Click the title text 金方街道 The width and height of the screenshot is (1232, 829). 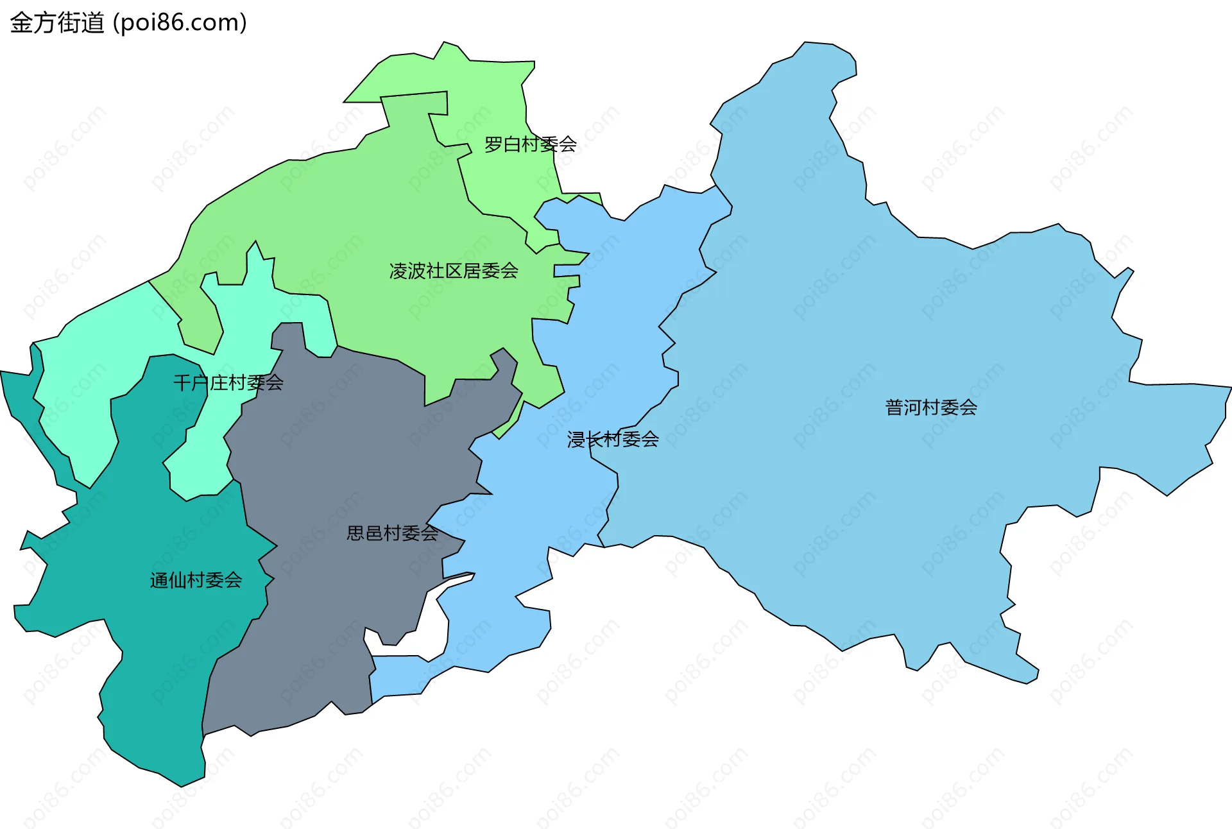point(57,23)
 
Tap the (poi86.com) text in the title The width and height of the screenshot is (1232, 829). point(180,23)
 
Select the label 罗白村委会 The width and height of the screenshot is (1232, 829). point(530,144)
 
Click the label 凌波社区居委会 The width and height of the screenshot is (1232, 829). point(454,271)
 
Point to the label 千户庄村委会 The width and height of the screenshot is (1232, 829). point(228,383)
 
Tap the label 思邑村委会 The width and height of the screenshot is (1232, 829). point(392,533)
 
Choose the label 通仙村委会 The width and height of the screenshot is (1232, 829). point(196,581)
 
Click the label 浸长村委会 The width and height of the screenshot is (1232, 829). point(613,440)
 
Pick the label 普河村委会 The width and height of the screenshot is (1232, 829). point(931,407)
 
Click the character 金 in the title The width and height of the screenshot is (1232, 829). point(21,23)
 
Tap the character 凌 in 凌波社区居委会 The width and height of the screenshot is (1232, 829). point(398,271)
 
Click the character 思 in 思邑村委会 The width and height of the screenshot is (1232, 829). point(355,533)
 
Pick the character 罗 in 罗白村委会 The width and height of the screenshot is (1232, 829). point(493,144)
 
